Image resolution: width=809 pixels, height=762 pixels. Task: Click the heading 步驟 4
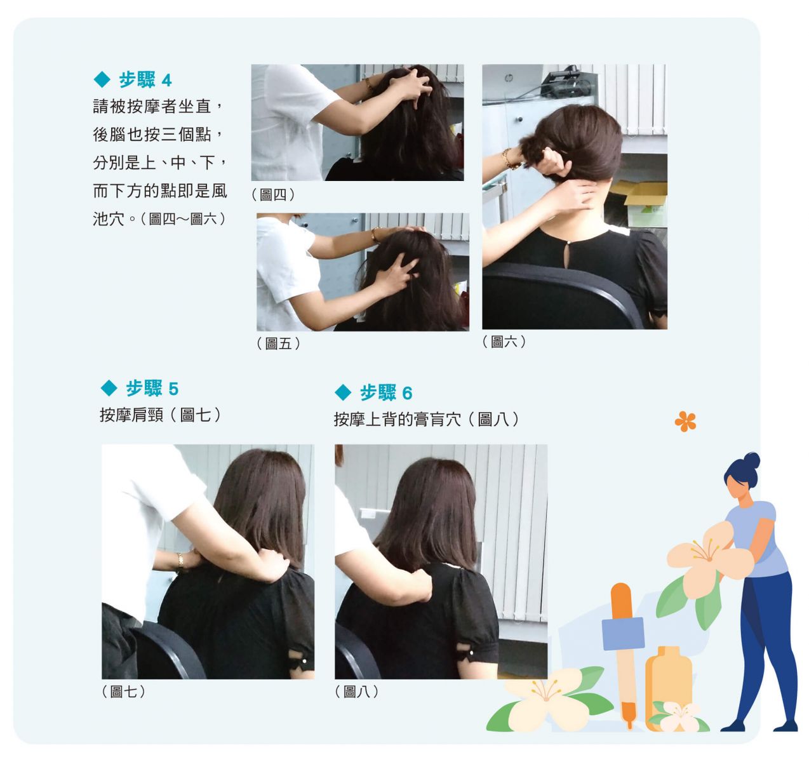coord(145,80)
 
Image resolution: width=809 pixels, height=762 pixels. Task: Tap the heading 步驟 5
coord(152,389)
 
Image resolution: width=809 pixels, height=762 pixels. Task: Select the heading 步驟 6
coord(385,392)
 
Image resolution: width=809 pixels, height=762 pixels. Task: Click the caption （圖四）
coord(273,195)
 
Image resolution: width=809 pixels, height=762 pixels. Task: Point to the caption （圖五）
coord(279,344)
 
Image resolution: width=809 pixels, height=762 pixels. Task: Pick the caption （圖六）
coord(504,342)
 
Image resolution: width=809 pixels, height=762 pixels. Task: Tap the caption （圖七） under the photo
coord(123,692)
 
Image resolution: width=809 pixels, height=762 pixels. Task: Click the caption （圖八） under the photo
coord(357,692)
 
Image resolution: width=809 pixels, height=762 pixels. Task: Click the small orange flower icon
coord(685,422)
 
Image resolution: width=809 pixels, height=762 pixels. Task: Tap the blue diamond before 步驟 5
coord(109,388)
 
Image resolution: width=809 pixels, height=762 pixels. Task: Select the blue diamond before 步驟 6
coord(342,392)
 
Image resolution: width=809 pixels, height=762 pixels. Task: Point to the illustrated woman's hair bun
coord(751,461)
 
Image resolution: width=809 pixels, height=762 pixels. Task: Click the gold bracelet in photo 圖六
coord(509,159)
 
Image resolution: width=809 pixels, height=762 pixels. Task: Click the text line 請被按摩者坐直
coord(152,106)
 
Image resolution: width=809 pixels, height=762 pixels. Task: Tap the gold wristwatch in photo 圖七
coord(180,561)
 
